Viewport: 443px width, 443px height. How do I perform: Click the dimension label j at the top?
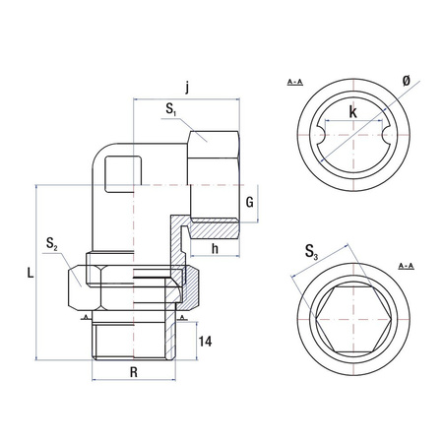click(187, 86)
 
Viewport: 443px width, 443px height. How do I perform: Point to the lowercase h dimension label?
click(215, 247)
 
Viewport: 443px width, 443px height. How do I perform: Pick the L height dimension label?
click(31, 275)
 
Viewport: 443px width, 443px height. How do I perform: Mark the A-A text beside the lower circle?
click(405, 267)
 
